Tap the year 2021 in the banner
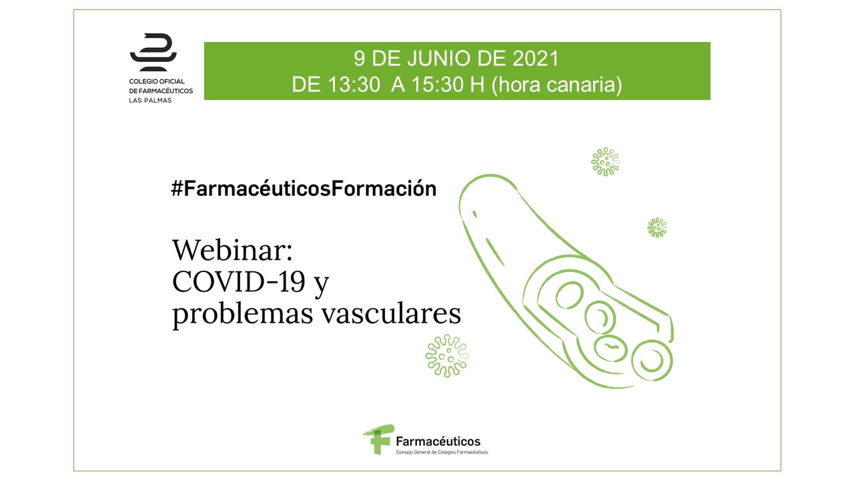(x=535, y=59)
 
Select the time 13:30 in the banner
(x=353, y=84)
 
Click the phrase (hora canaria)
(x=557, y=85)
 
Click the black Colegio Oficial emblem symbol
(x=153, y=52)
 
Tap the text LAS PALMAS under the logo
(x=150, y=101)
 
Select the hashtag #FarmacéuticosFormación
(x=304, y=188)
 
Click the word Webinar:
(x=232, y=250)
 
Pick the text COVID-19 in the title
(x=239, y=282)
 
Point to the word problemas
(x=242, y=315)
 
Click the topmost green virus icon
(x=605, y=162)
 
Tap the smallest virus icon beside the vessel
(x=657, y=227)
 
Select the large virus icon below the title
(x=447, y=356)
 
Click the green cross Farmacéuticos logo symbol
(x=378, y=439)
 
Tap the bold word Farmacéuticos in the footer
(x=438, y=441)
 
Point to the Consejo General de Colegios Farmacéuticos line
(x=442, y=452)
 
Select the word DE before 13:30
(x=306, y=84)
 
